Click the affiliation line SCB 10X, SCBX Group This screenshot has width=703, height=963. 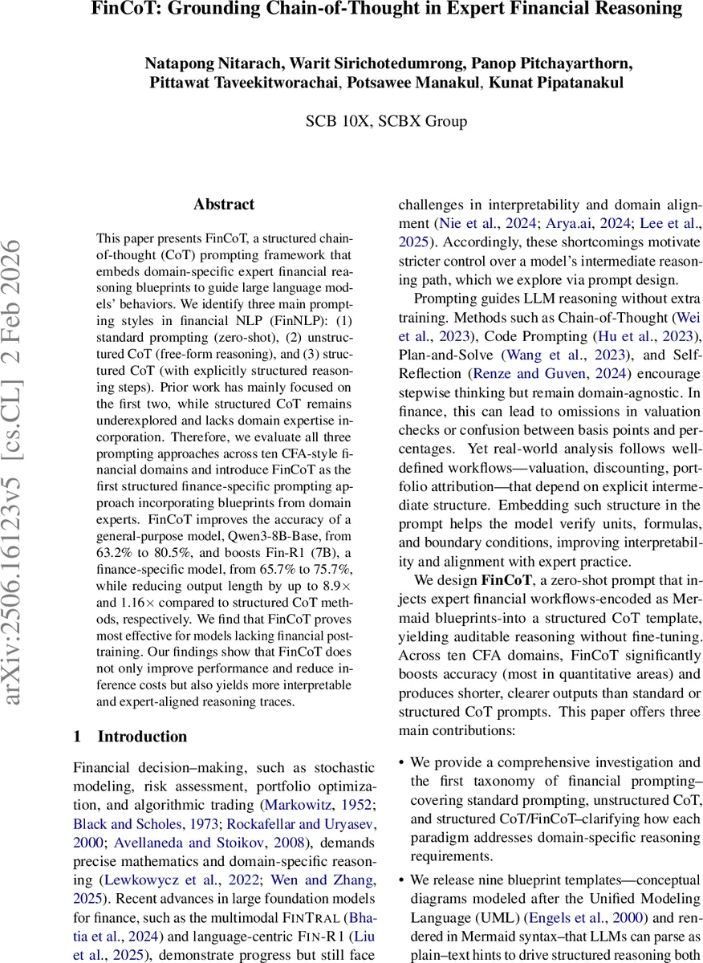point(386,121)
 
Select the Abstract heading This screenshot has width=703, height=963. point(224,205)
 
